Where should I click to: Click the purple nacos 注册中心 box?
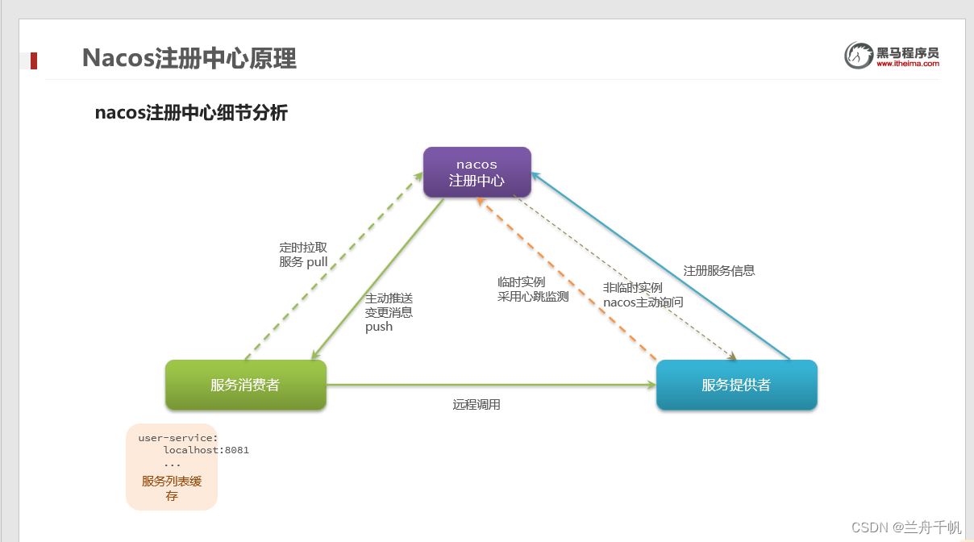click(477, 173)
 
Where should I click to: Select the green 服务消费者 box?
click(246, 385)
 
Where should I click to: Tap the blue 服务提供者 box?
click(737, 385)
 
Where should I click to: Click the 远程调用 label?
click(477, 405)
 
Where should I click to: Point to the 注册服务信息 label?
click(718, 271)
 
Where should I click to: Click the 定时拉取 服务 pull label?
click(303, 255)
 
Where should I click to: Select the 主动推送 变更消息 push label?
click(389, 312)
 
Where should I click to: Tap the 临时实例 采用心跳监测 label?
click(533, 290)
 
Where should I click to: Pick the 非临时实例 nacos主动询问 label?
click(643, 295)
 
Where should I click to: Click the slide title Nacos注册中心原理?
click(189, 58)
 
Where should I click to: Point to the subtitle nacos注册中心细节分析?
click(191, 113)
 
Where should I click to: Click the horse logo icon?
click(859, 55)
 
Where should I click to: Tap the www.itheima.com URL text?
click(908, 64)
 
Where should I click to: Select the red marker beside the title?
click(34, 60)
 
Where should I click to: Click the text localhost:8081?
click(206, 450)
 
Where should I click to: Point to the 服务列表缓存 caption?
click(172, 488)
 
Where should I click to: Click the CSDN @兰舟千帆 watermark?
click(906, 527)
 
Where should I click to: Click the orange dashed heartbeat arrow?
click(567, 279)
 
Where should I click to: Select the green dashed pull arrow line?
click(334, 266)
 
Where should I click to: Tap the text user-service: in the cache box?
click(178, 438)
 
